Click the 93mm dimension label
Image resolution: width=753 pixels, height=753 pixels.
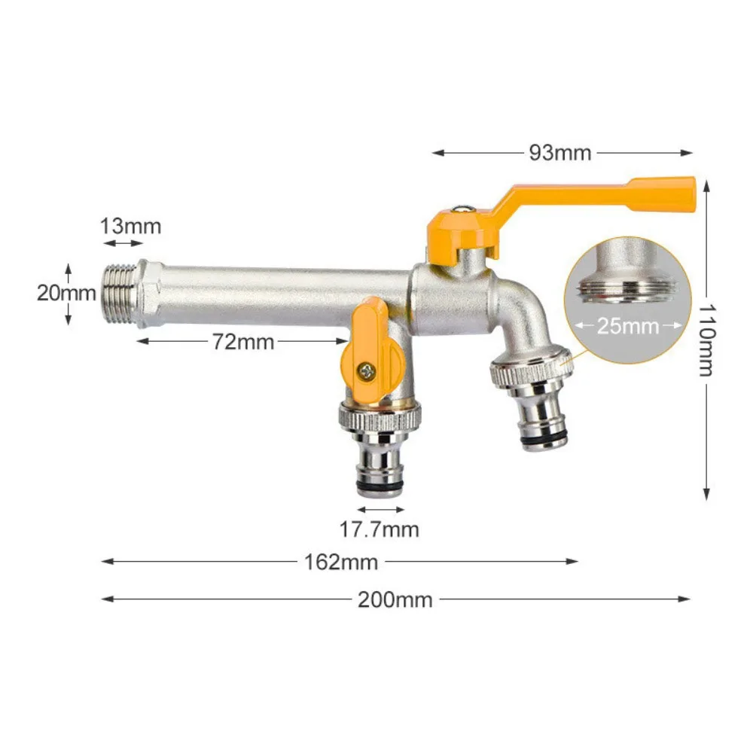[560, 153]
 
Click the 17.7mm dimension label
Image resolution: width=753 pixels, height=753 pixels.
[379, 529]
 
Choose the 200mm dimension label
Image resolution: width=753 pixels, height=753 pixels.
[395, 599]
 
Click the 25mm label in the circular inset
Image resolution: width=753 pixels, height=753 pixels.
[628, 326]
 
